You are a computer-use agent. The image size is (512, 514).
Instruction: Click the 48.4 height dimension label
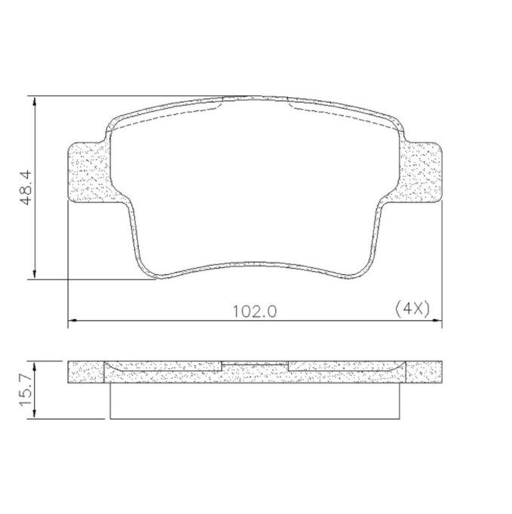pos(26,187)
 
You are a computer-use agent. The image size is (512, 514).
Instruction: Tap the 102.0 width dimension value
pos(255,312)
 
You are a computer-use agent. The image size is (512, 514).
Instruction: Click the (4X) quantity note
pos(412,309)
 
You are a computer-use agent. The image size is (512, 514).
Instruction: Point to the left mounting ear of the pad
pos(88,172)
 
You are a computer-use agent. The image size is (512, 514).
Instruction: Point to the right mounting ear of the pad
pos(421,172)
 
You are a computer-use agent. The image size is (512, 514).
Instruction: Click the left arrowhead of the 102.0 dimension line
pos(72,320)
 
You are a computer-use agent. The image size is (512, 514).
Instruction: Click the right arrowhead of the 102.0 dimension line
pos(437,320)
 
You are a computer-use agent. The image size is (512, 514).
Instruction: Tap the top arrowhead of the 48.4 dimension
pos(35,101)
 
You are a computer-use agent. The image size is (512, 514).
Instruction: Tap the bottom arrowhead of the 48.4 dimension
pos(35,275)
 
